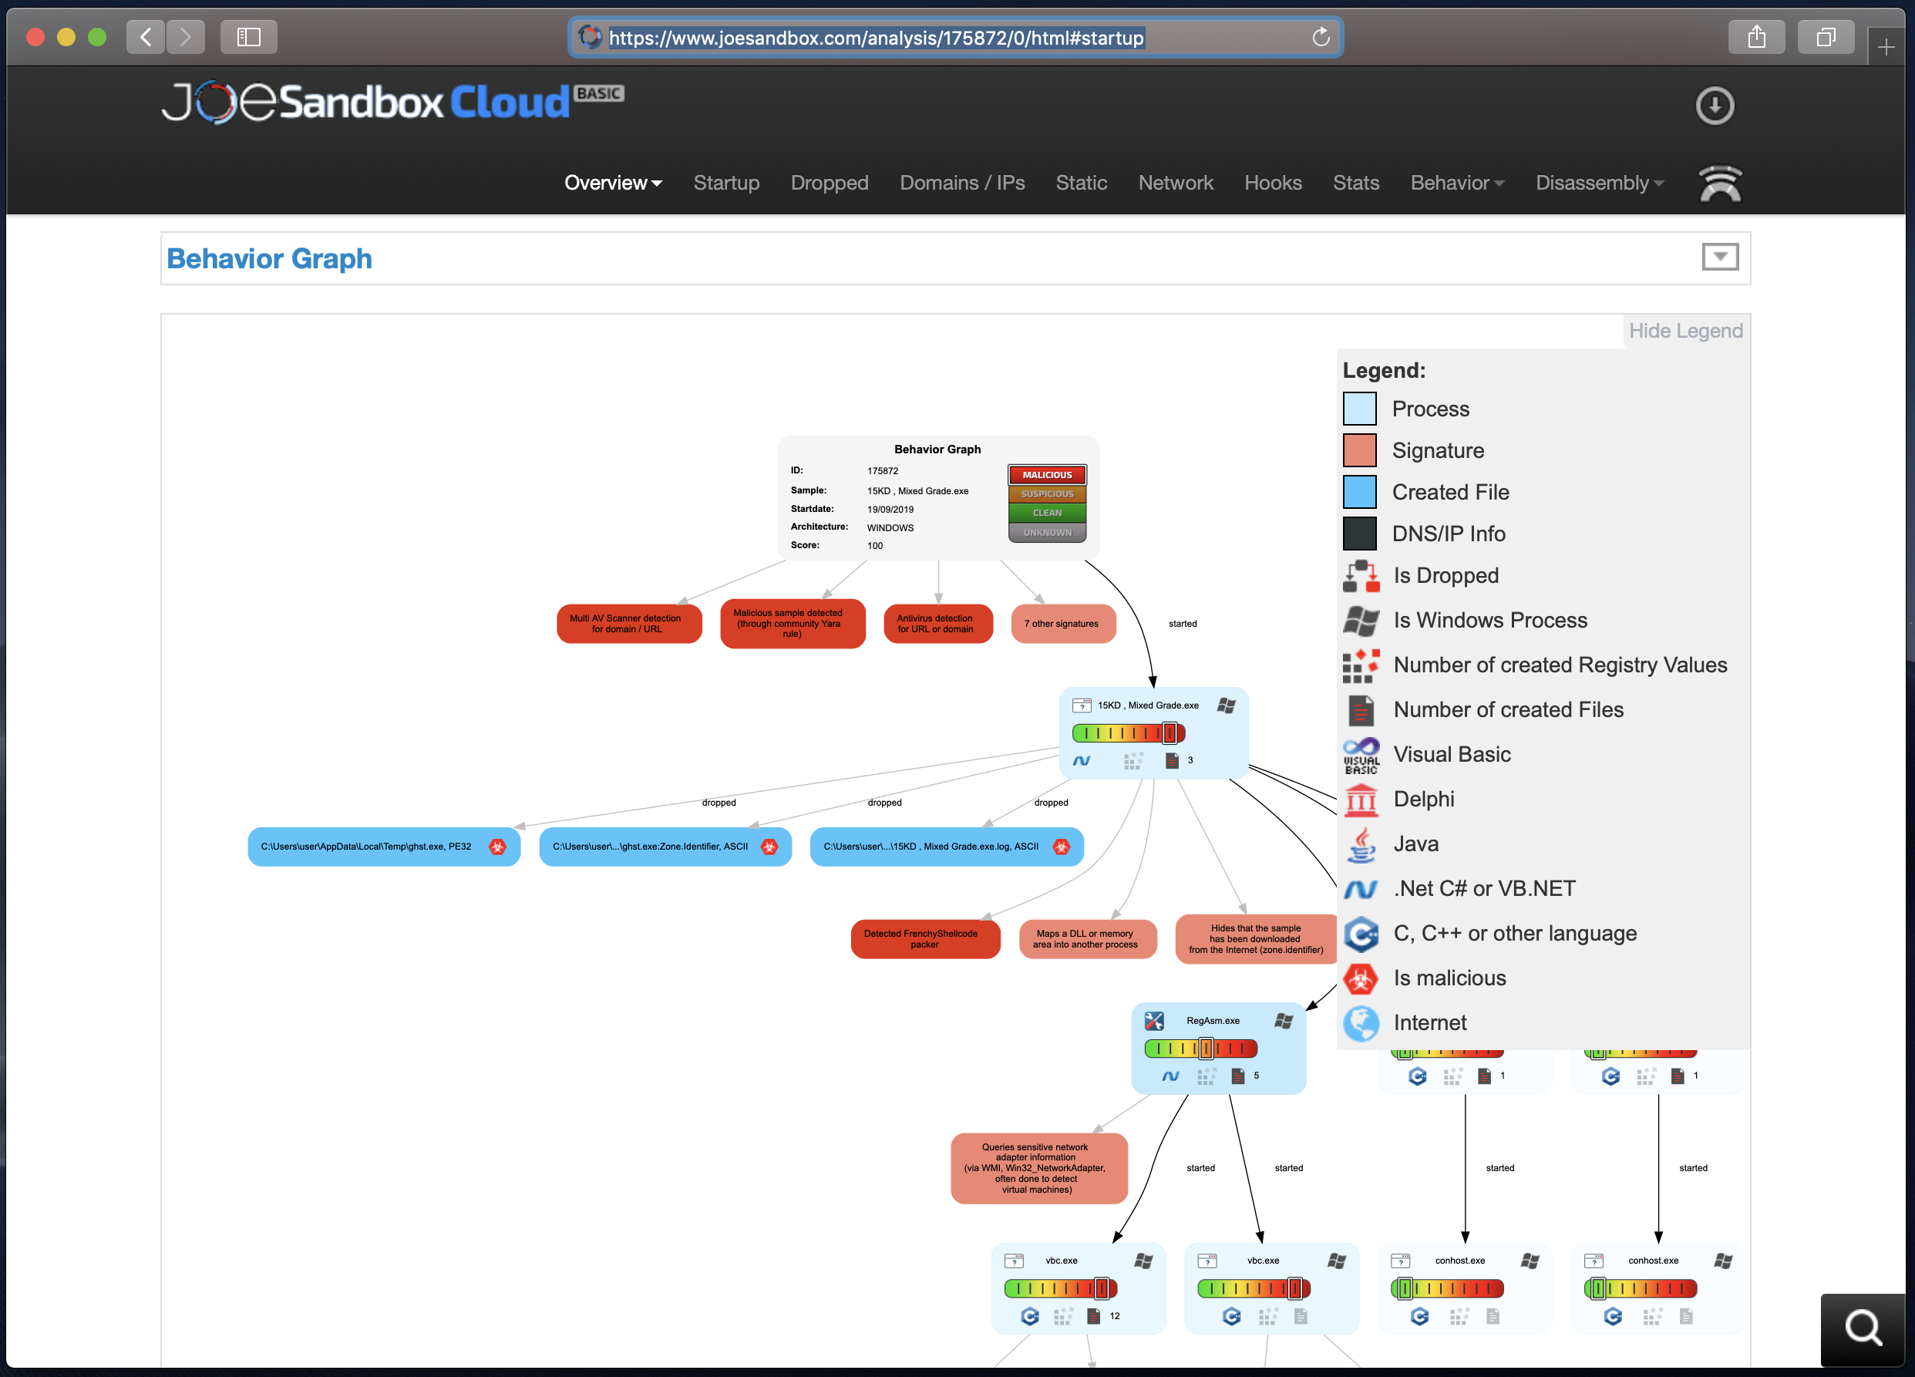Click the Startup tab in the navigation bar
pyautogui.click(x=725, y=183)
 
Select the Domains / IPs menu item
pyautogui.click(x=961, y=183)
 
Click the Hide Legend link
pyautogui.click(x=1684, y=331)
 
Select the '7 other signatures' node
pyautogui.click(x=1062, y=624)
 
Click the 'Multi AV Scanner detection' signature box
pyautogui.click(x=628, y=624)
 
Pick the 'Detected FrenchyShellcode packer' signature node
pyautogui.click(x=924, y=939)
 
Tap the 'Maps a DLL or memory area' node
pyautogui.click(x=1085, y=939)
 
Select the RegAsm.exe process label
pyautogui.click(x=1213, y=1021)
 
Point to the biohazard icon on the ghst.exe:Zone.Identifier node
pyautogui.click(x=769, y=847)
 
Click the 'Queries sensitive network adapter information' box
pyautogui.click(x=1038, y=1169)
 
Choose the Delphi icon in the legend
pyautogui.click(x=1360, y=800)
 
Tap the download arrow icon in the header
pyautogui.click(x=1714, y=106)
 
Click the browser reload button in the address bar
pyautogui.click(x=1321, y=37)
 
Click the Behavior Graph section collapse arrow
pyautogui.click(x=1719, y=257)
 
